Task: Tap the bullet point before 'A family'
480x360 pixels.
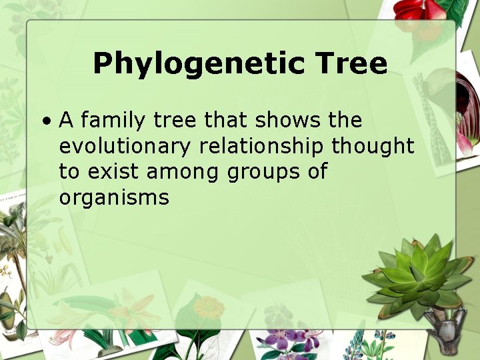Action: tap(46, 121)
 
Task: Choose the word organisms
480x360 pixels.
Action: tap(114, 197)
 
